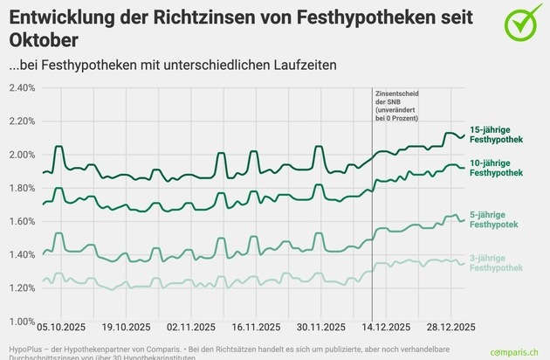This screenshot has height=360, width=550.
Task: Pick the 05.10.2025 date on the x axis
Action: pyautogui.click(x=61, y=327)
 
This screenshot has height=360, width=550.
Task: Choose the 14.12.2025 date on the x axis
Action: pyautogui.click(x=386, y=327)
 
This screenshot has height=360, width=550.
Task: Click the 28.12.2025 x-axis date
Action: pyautogui.click(x=450, y=327)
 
